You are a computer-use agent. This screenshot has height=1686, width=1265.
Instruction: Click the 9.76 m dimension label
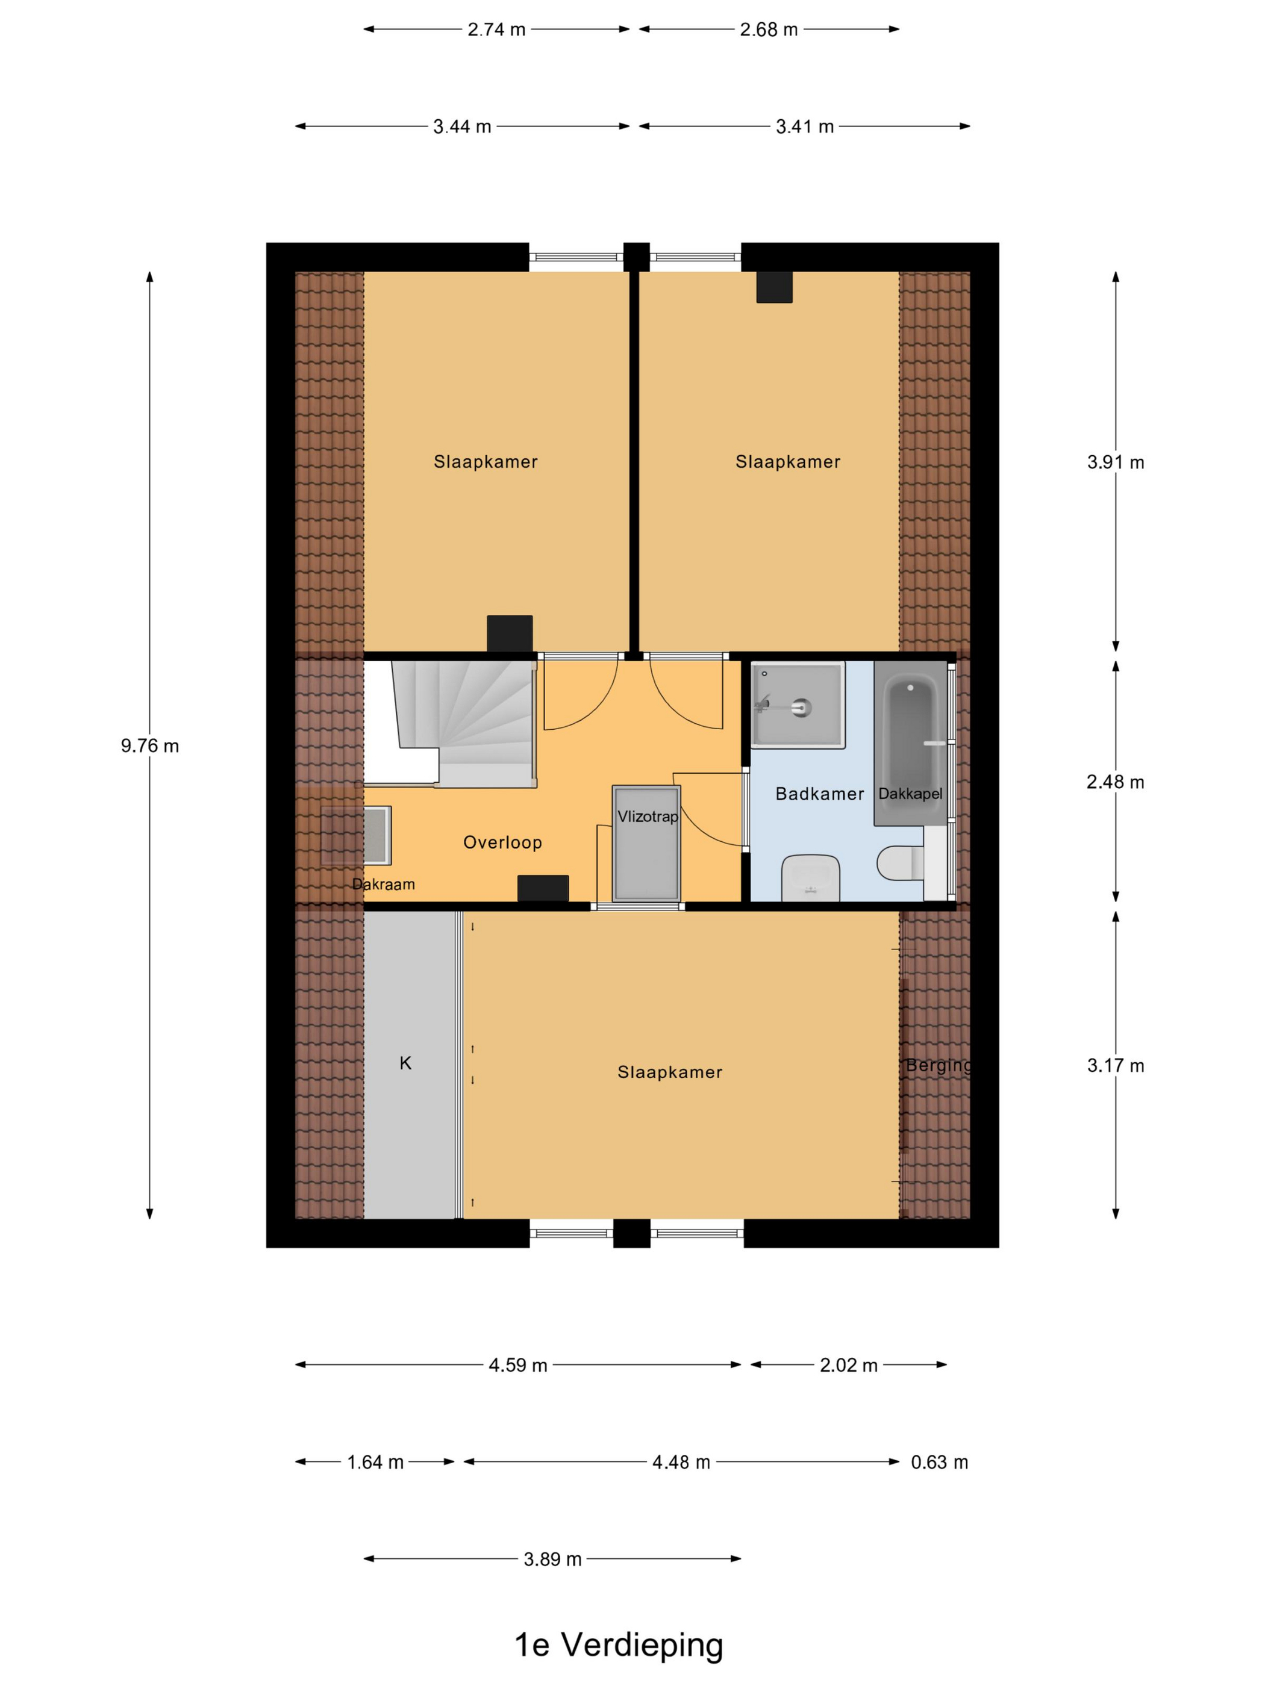pyautogui.click(x=149, y=745)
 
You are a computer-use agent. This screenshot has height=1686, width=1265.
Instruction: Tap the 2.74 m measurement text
pyautogui.click(x=496, y=30)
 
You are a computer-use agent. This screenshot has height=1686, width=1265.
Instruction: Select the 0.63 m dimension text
pyautogui.click(x=939, y=1462)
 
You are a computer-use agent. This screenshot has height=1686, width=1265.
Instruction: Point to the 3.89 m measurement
pyautogui.click(x=552, y=1560)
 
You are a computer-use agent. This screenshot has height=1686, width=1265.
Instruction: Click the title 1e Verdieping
pyautogui.click(x=619, y=1645)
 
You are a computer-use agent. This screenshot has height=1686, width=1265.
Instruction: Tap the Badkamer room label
pyautogui.click(x=820, y=794)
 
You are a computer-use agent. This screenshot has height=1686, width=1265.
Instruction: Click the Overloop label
pyautogui.click(x=502, y=842)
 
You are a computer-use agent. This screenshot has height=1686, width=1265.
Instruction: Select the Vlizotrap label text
pyautogui.click(x=648, y=817)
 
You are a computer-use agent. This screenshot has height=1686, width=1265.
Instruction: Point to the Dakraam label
pyautogui.click(x=384, y=884)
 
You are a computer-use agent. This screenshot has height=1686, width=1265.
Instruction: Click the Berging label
pyautogui.click(x=939, y=1066)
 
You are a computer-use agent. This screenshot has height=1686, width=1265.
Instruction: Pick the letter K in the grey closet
pyautogui.click(x=405, y=1063)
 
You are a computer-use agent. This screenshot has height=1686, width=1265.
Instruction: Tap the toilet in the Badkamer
pyautogui.click(x=901, y=863)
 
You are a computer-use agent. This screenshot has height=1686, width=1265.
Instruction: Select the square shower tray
pyautogui.click(x=798, y=705)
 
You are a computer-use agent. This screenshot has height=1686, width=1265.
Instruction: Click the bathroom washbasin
pyautogui.click(x=811, y=877)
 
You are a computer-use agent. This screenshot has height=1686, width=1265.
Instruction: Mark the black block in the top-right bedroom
pyautogui.click(x=774, y=287)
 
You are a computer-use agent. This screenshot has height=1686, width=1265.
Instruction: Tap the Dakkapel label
pyautogui.click(x=910, y=794)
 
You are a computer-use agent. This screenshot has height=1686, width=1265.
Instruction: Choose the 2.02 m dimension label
pyautogui.click(x=849, y=1365)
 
